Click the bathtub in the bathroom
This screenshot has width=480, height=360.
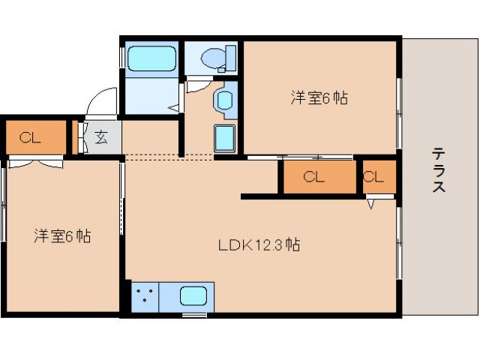(151, 58)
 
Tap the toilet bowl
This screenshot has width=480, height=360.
(213, 57)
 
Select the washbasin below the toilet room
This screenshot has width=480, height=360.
(224, 100)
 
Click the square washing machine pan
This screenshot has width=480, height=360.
(225, 138)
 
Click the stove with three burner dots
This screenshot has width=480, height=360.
(145, 296)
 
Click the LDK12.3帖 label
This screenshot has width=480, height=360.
(259, 245)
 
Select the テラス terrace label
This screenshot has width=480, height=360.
(438, 171)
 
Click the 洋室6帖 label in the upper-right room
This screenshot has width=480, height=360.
(319, 97)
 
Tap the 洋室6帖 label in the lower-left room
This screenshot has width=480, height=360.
(62, 236)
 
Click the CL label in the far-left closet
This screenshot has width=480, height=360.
(29, 137)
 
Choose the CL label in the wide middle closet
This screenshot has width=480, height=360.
(313, 178)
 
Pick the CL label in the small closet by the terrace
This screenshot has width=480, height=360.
(374, 178)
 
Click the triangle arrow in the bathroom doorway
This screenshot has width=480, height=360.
(172, 107)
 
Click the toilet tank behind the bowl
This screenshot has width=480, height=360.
(229, 57)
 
